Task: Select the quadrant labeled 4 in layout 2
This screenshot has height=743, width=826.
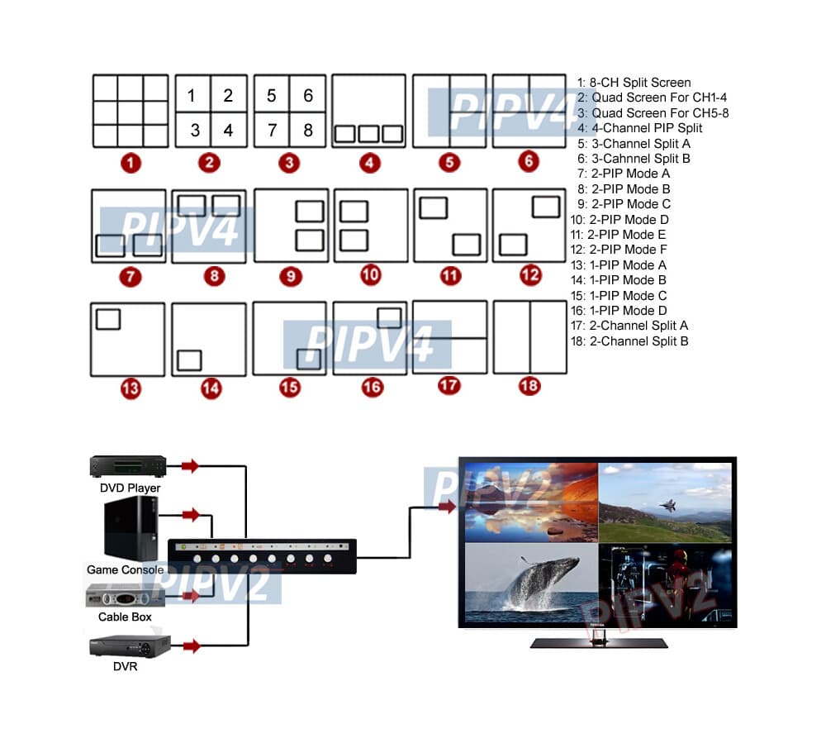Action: pos(229,130)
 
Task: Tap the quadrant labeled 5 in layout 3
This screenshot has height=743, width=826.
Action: pos(271,95)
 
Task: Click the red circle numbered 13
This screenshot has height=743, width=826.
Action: pos(130,388)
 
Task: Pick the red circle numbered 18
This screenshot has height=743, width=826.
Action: pos(529,386)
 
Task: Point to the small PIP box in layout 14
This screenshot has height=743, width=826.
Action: pos(189,360)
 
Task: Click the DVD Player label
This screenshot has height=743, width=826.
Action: pos(130,488)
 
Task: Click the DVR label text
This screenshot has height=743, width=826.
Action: pos(126,665)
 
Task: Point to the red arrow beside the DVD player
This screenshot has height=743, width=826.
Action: pos(191,466)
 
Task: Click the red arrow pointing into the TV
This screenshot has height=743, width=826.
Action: pos(446,507)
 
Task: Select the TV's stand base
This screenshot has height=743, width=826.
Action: pos(598,642)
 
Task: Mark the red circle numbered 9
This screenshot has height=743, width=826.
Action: pos(290,276)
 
